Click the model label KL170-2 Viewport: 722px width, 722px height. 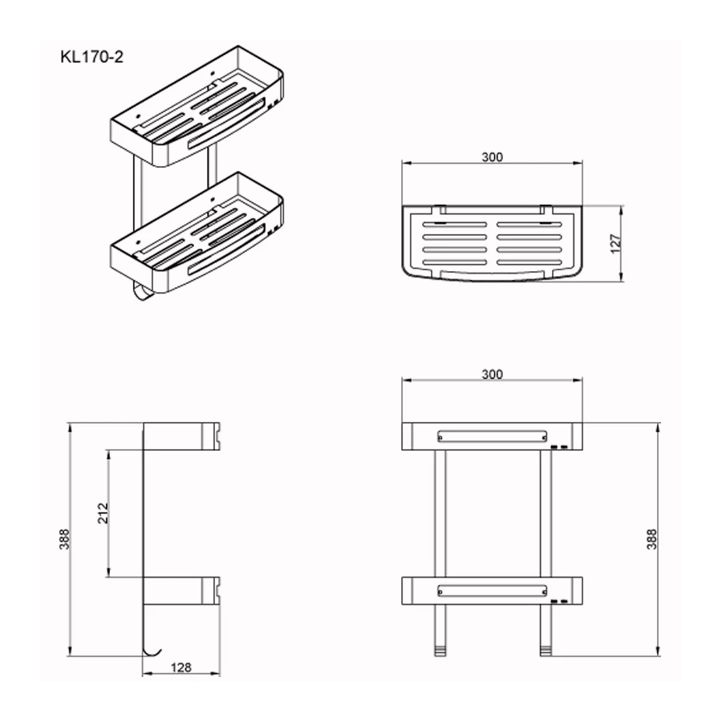coord(91,57)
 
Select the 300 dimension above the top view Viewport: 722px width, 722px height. coord(493,157)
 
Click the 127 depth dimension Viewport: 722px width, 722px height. coord(615,244)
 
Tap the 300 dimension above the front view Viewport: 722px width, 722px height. coord(493,375)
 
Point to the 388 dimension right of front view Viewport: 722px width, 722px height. coord(651,539)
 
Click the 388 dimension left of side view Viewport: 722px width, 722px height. coord(64,539)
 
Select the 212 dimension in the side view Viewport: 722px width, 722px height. coord(103,513)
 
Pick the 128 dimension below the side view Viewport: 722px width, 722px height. coord(181,667)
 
